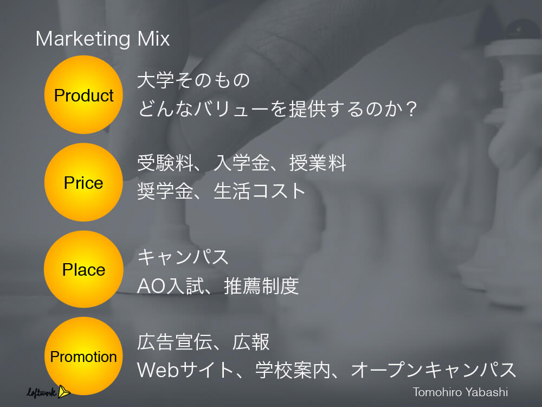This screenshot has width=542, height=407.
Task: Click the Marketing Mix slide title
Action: point(102,39)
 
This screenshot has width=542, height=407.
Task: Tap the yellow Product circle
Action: point(83,94)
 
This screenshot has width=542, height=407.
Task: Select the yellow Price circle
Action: point(83,182)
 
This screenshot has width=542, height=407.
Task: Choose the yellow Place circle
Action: point(83,269)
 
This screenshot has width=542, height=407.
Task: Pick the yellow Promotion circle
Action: point(83,356)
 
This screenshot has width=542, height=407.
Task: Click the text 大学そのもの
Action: point(193,80)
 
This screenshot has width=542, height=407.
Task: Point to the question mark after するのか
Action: point(412,109)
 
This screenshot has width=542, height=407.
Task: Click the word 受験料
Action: point(165,163)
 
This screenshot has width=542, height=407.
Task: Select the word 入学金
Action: point(241,163)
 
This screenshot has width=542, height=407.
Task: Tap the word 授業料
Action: point(318,163)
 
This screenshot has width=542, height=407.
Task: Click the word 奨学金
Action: point(165,192)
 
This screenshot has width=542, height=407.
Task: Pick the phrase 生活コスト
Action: point(259,192)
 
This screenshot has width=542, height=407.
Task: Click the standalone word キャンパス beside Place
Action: point(183,257)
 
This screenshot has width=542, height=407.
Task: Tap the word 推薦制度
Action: point(261,286)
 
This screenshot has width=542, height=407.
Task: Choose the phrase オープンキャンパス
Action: point(434,370)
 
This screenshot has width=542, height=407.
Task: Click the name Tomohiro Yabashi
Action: point(460,392)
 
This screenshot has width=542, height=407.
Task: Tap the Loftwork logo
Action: point(48,392)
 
